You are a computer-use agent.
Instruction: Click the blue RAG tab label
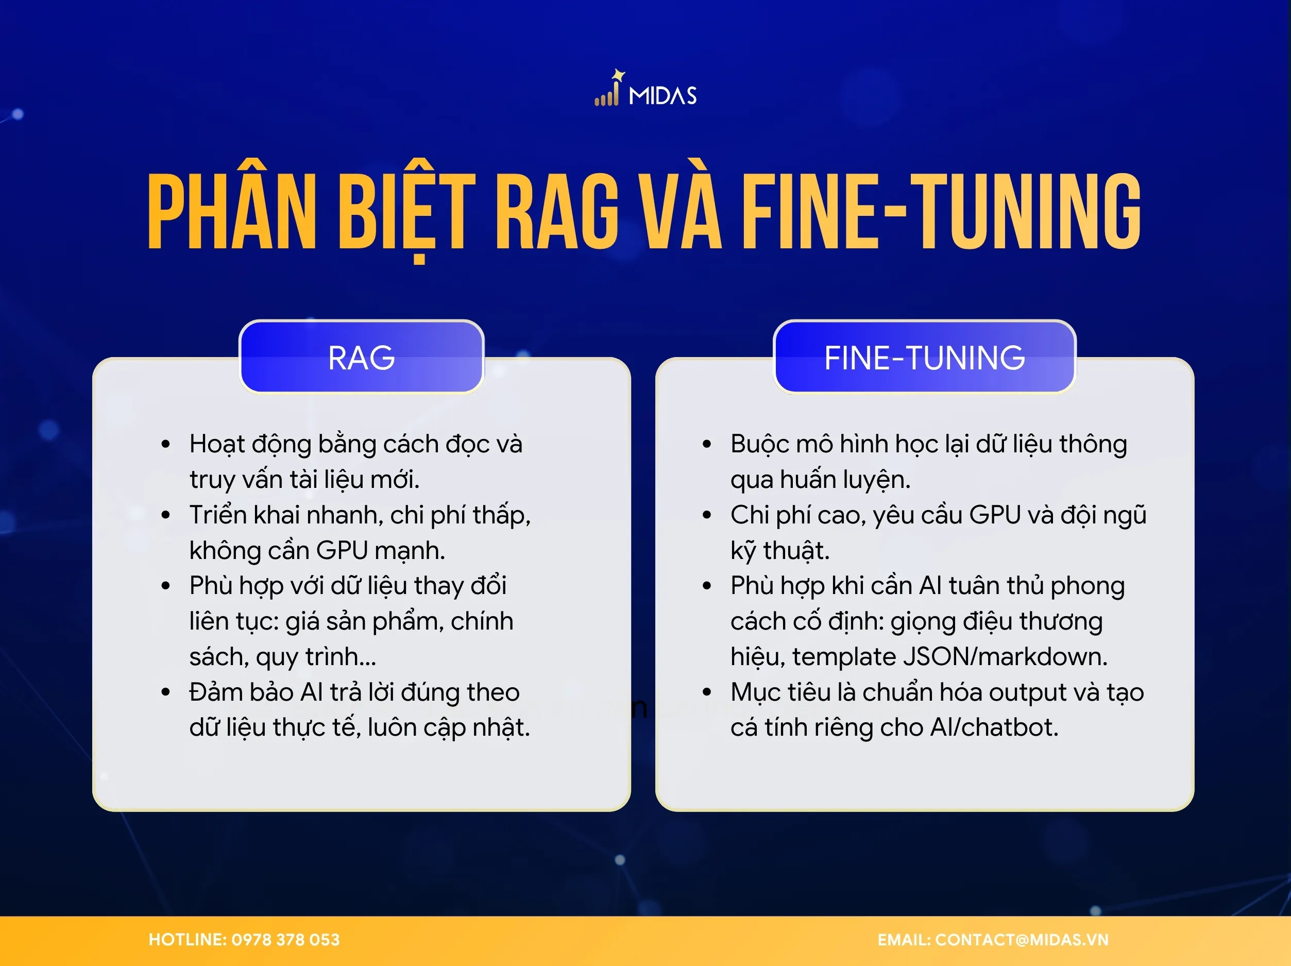[361, 357]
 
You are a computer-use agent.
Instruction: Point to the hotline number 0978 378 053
[285, 939]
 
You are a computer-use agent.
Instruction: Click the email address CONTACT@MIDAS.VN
[1022, 939]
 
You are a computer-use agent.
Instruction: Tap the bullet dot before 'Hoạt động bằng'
[166, 445]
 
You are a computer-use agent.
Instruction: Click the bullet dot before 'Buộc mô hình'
[707, 445]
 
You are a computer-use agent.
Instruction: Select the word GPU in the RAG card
[342, 550]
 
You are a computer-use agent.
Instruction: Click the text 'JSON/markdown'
[1005, 657]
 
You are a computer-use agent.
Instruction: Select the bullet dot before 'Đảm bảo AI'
[166, 693]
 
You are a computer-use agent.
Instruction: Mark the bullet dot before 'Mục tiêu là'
[707, 693]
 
